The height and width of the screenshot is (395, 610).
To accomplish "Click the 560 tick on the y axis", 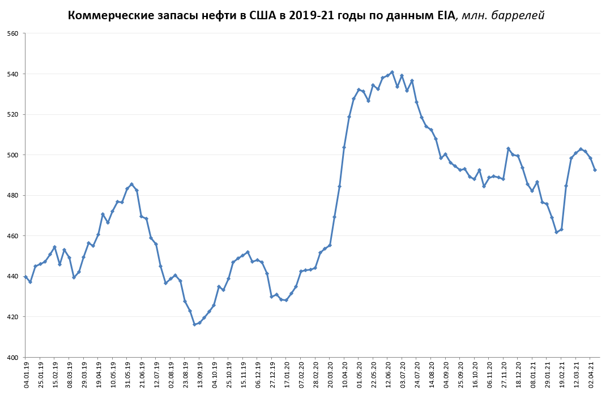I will [x=12, y=33].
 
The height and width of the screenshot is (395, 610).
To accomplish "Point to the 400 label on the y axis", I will [x=12, y=358].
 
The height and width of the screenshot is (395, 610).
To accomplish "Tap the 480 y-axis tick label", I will [x=12, y=195].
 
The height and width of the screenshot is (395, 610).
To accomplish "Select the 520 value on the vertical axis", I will [x=12, y=114].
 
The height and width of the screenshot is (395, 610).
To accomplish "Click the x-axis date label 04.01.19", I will [x=26, y=374].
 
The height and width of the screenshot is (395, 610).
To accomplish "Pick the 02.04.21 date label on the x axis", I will [x=591, y=374].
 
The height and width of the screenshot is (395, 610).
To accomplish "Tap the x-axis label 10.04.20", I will [x=345, y=374].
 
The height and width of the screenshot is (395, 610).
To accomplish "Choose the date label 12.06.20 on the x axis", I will [x=389, y=374].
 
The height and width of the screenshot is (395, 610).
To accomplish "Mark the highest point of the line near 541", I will [x=392, y=72].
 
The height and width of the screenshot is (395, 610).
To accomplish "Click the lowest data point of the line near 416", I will [x=194, y=324].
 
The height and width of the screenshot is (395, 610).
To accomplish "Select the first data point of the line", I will [x=25, y=277].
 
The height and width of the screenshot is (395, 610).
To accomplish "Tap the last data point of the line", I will [x=595, y=170].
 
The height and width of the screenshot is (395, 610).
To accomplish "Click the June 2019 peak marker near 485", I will [x=131, y=184].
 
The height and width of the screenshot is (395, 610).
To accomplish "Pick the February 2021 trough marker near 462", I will [x=556, y=232].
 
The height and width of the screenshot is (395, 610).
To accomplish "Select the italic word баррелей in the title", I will [x=518, y=15].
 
